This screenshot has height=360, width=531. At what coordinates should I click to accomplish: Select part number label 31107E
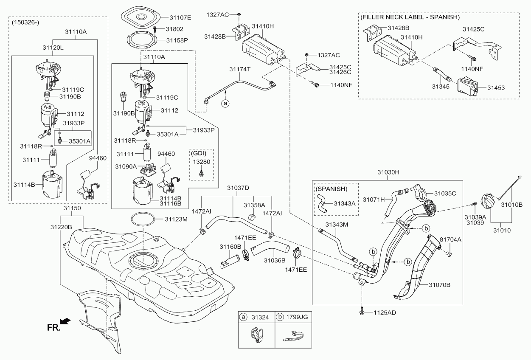coord(180,18)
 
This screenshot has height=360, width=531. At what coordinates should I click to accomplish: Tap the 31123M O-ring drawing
coord(143,219)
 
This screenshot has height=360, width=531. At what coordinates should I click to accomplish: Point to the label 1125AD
coord(385,313)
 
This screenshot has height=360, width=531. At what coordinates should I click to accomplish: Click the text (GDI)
coord(201,153)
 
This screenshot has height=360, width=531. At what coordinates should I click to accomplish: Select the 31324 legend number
coord(260,317)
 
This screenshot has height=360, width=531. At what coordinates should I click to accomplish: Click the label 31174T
coord(240,69)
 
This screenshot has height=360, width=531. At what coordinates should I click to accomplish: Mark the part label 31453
coord(496,87)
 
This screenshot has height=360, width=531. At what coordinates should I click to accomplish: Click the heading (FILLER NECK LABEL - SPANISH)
coord(410,17)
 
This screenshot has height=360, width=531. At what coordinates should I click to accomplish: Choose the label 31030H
coord(389,172)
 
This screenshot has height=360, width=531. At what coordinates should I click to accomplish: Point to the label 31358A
coord(254,205)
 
